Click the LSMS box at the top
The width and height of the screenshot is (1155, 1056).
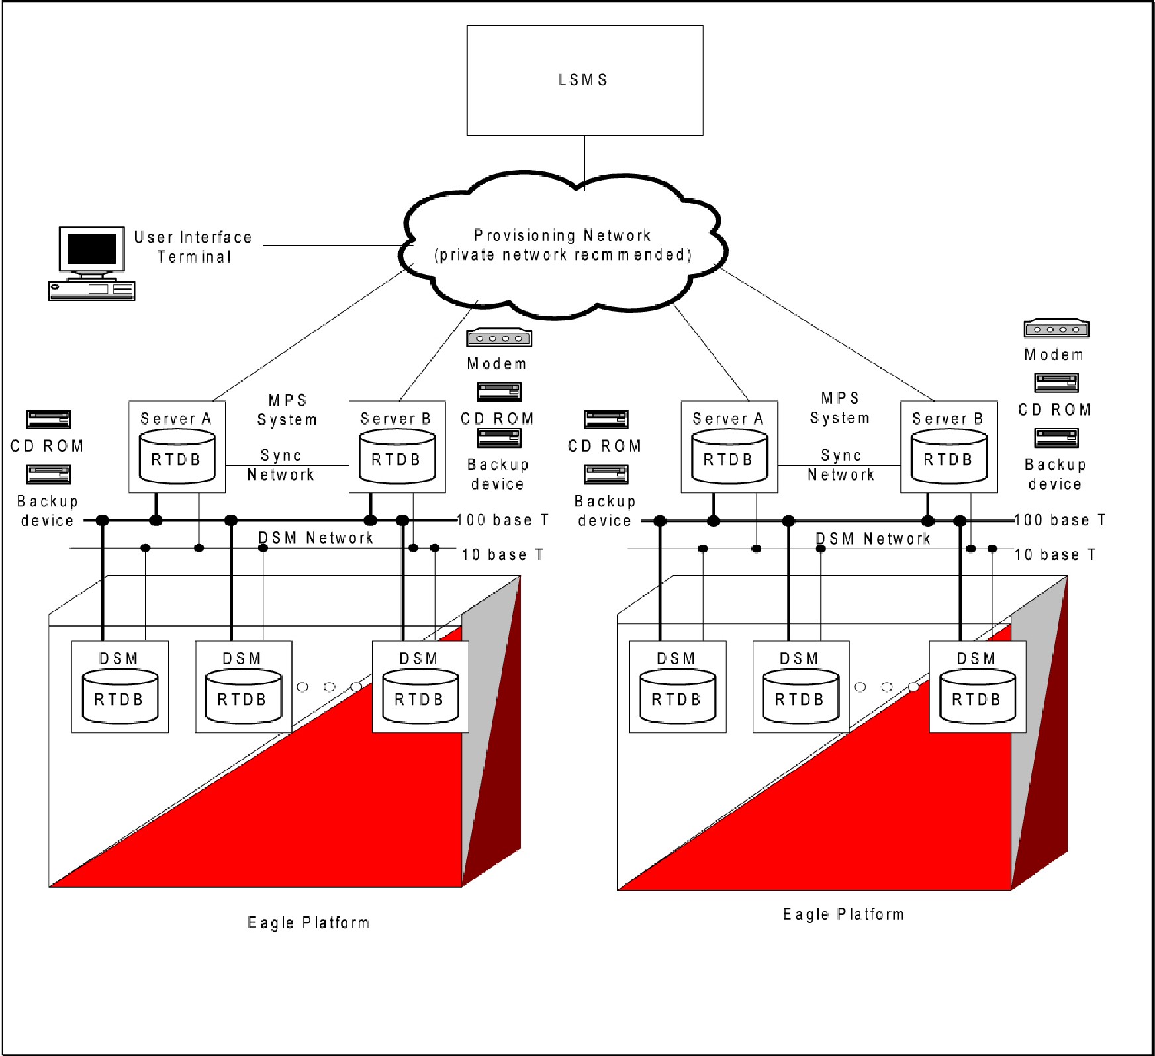[584, 80]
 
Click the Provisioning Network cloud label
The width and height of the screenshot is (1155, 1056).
[563, 245]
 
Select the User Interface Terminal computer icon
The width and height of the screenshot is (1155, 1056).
[91, 263]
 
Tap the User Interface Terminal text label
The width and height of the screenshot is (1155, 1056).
[193, 247]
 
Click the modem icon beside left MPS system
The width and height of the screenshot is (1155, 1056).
[499, 338]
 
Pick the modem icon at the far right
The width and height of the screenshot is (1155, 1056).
[1056, 329]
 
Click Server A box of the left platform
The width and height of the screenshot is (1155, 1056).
[177, 447]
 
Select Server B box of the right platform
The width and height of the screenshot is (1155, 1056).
[948, 447]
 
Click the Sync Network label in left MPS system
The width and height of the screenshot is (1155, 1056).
[281, 465]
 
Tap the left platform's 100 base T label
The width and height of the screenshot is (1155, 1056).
[503, 520]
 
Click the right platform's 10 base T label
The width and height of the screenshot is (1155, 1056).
[1055, 554]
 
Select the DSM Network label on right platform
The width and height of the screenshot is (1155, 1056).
[873, 539]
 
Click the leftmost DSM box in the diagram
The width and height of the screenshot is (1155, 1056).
[120, 686]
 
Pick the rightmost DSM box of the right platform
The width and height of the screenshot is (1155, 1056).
[978, 686]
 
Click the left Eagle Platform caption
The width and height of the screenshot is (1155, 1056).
[308, 922]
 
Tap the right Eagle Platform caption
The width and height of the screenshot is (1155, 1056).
[843, 914]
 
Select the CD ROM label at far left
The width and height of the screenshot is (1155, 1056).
[48, 446]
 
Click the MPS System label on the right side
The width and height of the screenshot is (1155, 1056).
[840, 408]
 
